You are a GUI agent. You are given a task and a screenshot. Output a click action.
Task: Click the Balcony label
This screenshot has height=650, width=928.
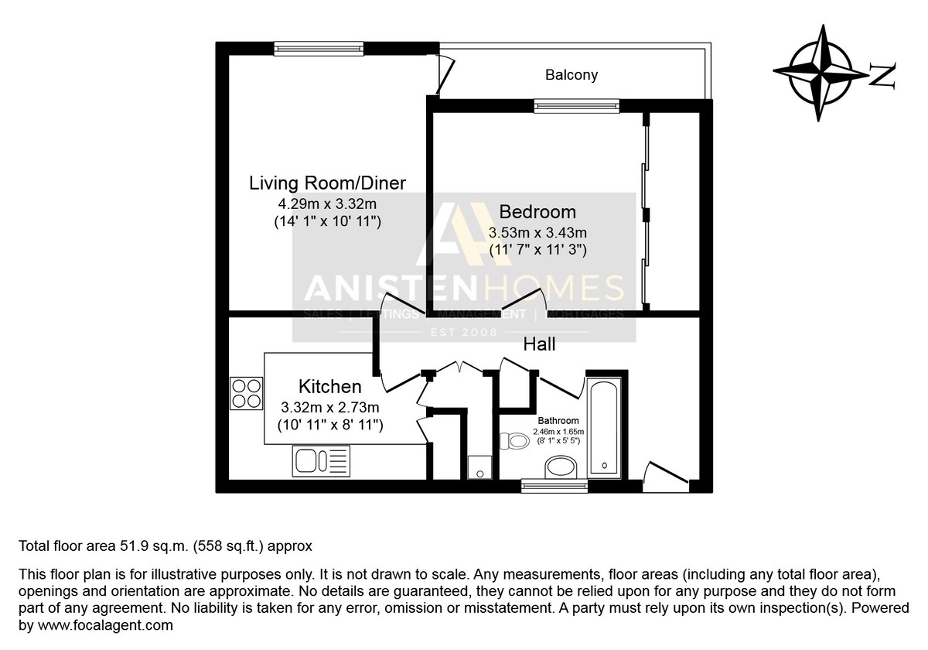click(571, 75)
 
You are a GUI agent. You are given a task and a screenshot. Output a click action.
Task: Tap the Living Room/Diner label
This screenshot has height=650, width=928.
click(327, 183)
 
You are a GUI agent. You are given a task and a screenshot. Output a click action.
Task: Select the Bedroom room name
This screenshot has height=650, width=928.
click(537, 212)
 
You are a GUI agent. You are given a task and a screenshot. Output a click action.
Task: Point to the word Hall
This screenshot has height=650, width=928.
click(539, 344)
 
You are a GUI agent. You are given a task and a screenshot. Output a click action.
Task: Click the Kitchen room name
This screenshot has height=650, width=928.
click(329, 386)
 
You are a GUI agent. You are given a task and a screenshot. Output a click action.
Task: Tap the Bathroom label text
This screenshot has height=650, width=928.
click(558, 421)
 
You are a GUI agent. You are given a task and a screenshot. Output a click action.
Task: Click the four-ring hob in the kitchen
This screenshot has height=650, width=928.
click(246, 393)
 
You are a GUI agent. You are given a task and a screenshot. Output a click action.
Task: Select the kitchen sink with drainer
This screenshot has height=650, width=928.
click(321, 460)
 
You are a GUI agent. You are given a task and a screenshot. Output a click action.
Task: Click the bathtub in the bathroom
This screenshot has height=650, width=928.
click(605, 428)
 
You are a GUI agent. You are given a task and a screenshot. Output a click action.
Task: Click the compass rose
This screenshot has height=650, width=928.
click(820, 74)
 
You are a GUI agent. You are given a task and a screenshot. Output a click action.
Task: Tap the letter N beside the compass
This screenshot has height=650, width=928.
click(882, 76)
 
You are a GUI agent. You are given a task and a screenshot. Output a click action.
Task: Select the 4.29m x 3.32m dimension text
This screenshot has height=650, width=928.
click(327, 204)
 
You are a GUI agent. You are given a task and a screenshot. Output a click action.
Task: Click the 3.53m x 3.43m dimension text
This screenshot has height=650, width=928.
click(537, 233)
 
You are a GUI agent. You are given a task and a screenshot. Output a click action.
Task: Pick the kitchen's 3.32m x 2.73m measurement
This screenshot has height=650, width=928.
click(329, 408)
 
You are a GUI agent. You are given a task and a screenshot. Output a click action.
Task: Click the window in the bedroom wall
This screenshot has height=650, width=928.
click(577, 106)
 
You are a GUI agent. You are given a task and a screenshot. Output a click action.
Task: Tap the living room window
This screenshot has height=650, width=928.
click(319, 49)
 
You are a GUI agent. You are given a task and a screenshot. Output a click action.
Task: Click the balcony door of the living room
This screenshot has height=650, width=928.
click(445, 77)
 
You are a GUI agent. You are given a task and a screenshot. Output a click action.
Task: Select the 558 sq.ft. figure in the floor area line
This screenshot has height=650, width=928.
click(228, 546)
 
